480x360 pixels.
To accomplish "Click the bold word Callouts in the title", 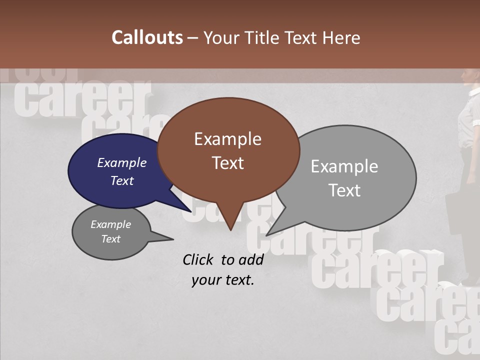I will click(x=147, y=37).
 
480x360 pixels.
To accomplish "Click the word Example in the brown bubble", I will click(x=227, y=139).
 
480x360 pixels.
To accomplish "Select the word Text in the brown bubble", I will click(x=227, y=163).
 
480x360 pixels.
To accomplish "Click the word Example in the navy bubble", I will click(x=121, y=162).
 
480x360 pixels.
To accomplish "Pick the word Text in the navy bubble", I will click(x=121, y=180).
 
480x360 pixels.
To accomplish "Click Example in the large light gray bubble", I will click(x=344, y=166).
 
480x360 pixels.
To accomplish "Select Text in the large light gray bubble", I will click(x=344, y=190).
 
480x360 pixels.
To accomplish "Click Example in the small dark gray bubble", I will click(x=110, y=224).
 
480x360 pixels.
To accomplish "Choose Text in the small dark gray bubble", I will click(x=110, y=239).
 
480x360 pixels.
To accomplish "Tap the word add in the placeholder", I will click(x=251, y=259).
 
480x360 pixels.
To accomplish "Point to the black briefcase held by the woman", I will click(x=460, y=215).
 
